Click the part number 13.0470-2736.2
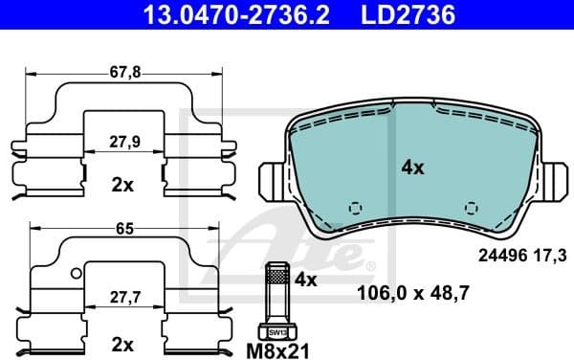click(211, 13)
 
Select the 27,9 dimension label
click(121, 140)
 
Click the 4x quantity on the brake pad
click(411, 168)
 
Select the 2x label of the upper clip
click(121, 185)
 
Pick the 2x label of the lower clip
click(121, 342)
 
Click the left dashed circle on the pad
click(356, 207)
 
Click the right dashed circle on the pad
click(470, 207)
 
